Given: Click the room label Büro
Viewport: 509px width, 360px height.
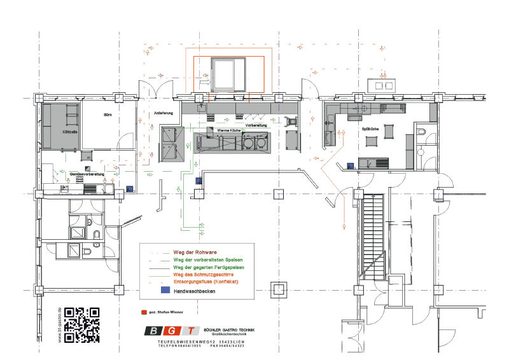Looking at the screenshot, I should [108, 115].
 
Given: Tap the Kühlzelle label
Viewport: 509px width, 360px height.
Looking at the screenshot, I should [70, 132].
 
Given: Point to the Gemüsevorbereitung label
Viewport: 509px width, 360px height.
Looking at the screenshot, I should [69, 173].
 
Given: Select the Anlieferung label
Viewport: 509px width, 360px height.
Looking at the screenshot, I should [164, 113].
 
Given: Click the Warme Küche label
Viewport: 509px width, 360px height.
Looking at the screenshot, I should [228, 130].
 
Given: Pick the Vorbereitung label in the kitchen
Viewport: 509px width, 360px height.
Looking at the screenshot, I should [256, 126].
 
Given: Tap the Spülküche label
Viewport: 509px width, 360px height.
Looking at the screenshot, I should [371, 129].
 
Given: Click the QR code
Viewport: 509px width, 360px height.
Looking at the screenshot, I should [83, 324].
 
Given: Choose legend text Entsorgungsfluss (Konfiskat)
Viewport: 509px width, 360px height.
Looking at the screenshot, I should [206, 281].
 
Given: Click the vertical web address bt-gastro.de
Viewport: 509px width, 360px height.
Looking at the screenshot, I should [60, 325].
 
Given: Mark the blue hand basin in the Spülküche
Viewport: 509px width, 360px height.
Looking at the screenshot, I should [350, 166].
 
